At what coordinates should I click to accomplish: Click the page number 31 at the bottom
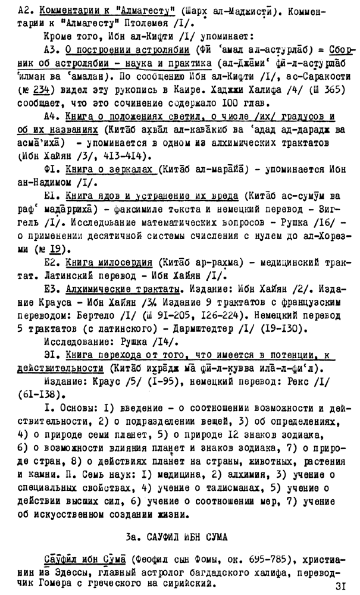341,585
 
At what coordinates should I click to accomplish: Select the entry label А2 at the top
26,11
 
